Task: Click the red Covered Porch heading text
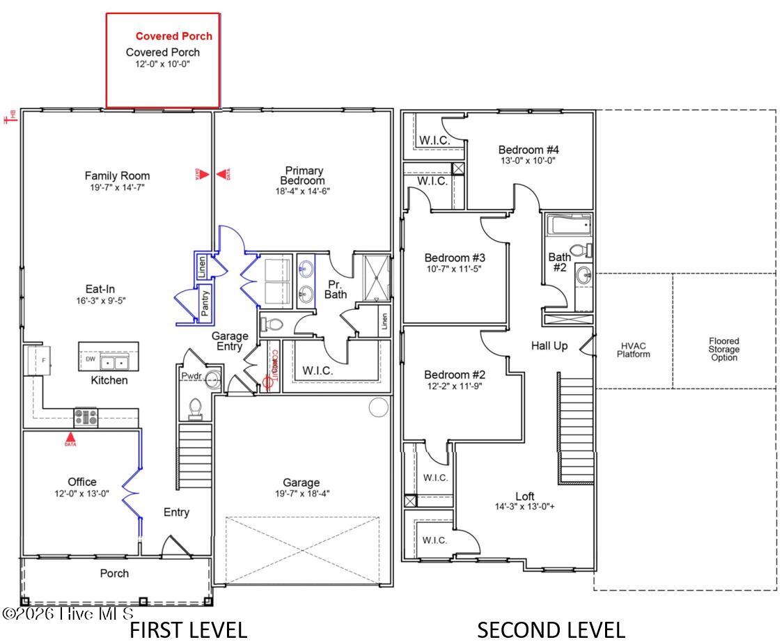coord(173,36)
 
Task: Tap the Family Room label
coord(117,175)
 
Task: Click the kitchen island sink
coord(116,363)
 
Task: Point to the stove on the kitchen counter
coord(86,416)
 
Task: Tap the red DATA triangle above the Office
coord(70,439)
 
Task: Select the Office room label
coord(82,482)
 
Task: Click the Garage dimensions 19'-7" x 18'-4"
coord(301,494)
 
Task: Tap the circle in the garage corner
coord(378,407)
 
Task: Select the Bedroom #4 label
coord(528,150)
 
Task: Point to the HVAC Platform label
coord(633,350)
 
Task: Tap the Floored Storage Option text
coord(724,350)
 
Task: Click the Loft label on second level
coord(524,496)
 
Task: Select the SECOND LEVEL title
coord(550,630)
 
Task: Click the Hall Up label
coord(549,345)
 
